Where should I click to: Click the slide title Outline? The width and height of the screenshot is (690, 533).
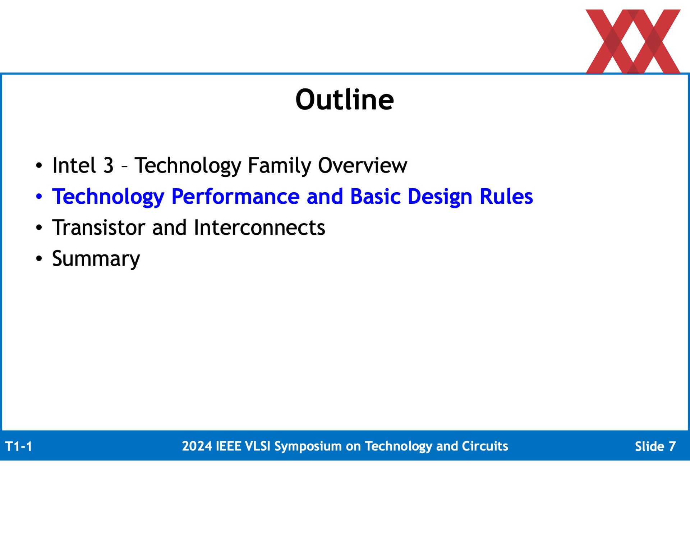pos(345,99)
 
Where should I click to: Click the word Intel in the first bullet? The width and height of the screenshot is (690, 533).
pos(74,165)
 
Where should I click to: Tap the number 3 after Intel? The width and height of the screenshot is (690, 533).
pos(109,165)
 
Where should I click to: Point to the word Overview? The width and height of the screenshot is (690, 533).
pos(363,165)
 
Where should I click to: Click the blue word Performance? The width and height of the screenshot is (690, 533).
pos(235,197)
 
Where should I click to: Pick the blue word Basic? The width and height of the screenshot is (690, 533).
pos(375,197)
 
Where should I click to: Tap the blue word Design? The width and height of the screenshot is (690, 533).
pos(440,197)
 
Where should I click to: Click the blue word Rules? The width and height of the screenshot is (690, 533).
pos(506,197)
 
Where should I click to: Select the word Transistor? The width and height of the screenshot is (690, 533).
pos(99,228)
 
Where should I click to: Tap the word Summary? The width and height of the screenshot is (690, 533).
pos(96,259)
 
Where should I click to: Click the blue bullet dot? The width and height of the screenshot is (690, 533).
pos(39,197)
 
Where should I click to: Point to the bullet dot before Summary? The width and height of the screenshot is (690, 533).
pos(39,258)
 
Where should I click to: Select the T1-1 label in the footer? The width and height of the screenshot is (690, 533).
pos(19,446)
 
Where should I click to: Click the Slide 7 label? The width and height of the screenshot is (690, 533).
pos(655,446)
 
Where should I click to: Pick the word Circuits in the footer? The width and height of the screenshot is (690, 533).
pos(485,446)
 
